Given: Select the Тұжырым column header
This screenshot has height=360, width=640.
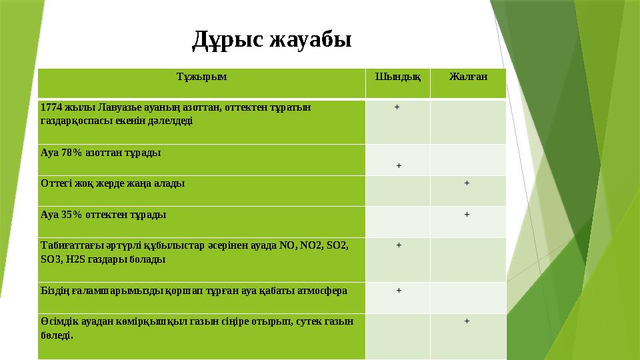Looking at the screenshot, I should [x=201, y=76].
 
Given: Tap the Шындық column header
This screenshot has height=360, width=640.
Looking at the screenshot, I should [x=398, y=76].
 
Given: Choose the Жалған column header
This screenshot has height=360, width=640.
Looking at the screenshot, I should [x=467, y=76].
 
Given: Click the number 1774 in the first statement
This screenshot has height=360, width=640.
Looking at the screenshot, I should [x=51, y=107].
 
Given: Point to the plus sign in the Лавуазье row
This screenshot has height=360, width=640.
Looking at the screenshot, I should [x=397, y=107].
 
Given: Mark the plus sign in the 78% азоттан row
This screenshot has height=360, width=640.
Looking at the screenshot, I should [x=399, y=165].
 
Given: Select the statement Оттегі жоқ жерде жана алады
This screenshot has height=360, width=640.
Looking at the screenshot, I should [x=113, y=183].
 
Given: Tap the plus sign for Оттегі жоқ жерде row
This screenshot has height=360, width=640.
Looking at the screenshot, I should [x=467, y=183].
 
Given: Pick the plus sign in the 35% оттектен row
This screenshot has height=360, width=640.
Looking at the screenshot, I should [x=467, y=214].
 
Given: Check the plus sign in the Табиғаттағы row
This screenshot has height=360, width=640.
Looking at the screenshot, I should [x=399, y=245].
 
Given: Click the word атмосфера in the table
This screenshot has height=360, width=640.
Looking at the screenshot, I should [x=323, y=291].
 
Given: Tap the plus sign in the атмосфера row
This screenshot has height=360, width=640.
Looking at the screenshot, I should [x=399, y=290].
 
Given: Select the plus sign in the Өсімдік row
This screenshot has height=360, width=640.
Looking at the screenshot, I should [x=467, y=321].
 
